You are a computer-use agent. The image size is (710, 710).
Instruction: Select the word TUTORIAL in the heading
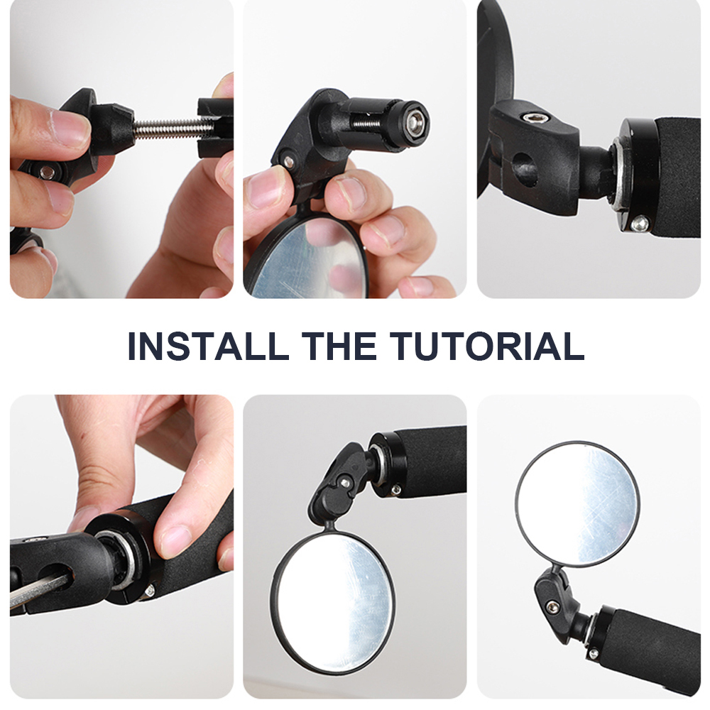click(x=487, y=346)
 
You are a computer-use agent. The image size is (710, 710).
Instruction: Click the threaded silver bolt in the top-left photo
click(x=167, y=128)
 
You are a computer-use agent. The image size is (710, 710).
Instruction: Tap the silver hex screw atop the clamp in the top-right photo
click(x=529, y=118)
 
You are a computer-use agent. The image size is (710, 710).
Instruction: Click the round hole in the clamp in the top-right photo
click(x=524, y=165)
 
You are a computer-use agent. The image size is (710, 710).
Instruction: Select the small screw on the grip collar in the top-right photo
click(x=640, y=223)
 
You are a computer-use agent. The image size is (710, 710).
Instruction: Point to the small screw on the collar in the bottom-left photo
click(x=149, y=591)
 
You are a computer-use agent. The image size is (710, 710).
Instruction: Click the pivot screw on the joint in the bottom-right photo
click(x=551, y=606)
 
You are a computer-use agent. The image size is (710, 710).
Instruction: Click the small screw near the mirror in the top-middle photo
click(x=287, y=160)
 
